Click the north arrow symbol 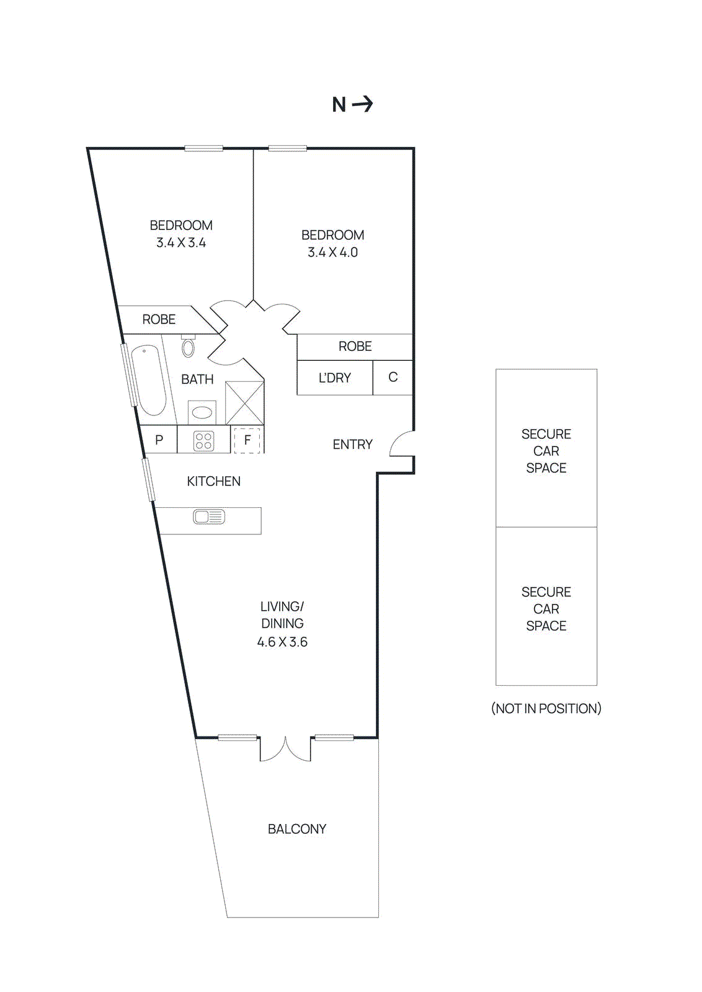point(363,104)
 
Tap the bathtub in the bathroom point(149,380)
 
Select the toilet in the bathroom point(189,347)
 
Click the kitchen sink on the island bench point(209,516)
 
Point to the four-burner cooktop point(204,441)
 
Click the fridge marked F point(247,440)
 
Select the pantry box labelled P point(159,440)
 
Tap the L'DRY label point(335,378)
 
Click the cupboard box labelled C point(393,377)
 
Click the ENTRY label point(352,445)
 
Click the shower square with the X point(244,403)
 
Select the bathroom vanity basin point(202,412)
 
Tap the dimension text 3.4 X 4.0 point(333,252)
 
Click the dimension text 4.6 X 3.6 point(282,642)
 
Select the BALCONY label point(297,829)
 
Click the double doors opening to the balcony point(285,748)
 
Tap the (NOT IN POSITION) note point(546,709)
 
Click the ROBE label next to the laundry point(355,347)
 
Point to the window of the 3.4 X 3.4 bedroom point(203,148)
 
